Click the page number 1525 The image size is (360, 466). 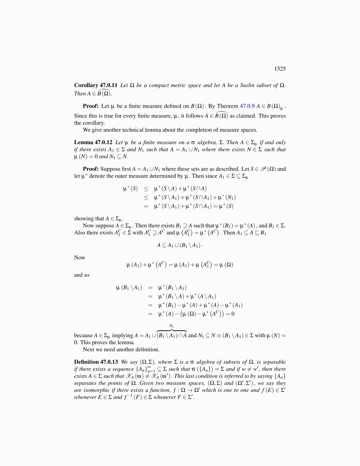(x=280, y=69)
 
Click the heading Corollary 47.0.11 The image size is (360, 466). (x=96, y=85)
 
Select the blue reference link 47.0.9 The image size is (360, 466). (x=247, y=106)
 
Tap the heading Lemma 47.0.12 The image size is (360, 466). (x=93, y=142)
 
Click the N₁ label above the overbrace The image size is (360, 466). (x=171, y=326)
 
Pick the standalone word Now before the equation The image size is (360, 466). (x=79, y=258)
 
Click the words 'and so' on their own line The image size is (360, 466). (x=81, y=275)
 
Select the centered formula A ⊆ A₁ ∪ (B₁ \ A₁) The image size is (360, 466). (x=180, y=245)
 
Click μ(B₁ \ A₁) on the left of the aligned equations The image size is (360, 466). (x=129, y=288)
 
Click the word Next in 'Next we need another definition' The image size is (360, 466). (x=88, y=349)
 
